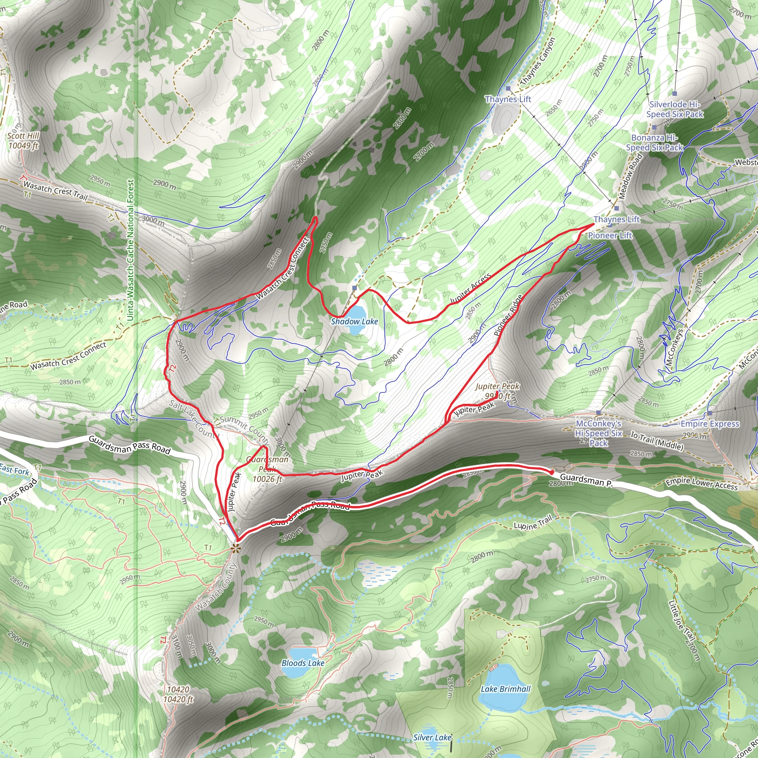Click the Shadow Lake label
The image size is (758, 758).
354,322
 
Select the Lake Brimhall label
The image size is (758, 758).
505,689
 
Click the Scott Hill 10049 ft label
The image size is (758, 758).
24,140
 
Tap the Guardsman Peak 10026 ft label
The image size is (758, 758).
267,469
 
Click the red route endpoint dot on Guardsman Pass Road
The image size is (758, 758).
552,472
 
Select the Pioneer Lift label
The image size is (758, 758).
610,235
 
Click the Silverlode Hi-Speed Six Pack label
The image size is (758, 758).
675,109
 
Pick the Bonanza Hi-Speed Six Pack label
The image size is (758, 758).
654,143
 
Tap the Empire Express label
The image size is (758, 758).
710,424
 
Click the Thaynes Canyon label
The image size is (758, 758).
537,61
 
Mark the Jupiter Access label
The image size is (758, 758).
470,289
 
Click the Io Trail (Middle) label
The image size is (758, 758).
657,440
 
